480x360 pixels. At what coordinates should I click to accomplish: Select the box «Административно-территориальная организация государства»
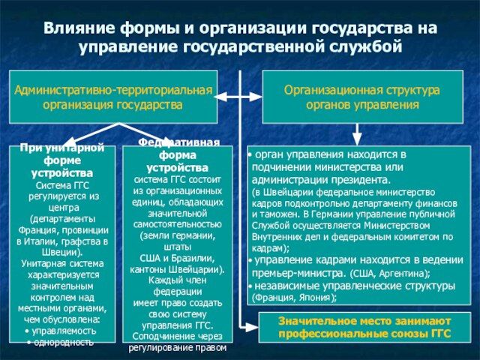113,97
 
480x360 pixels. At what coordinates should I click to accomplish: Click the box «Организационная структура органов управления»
362,97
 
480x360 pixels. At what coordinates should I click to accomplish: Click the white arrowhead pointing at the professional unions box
252,325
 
